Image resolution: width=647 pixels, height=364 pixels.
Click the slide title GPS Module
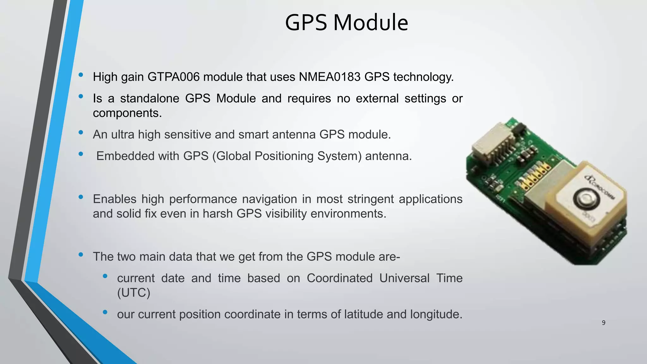click(x=347, y=23)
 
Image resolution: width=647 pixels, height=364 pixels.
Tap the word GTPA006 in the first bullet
click(x=173, y=77)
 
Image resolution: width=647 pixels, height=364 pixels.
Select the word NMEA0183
click(x=330, y=77)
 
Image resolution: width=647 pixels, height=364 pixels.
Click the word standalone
click(x=150, y=99)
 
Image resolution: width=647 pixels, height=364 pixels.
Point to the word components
click(x=127, y=113)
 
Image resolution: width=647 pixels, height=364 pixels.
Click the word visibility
click(x=286, y=214)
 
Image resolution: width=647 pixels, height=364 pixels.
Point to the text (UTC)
click(x=134, y=293)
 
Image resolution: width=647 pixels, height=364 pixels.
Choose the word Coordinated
click(x=340, y=278)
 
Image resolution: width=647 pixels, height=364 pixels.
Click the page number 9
click(x=603, y=323)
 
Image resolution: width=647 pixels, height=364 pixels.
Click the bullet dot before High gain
click(x=81, y=75)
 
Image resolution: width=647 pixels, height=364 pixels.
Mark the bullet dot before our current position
click(x=105, y=312)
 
